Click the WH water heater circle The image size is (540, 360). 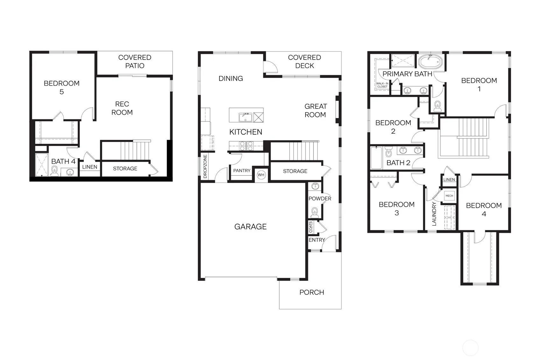coord(261,175)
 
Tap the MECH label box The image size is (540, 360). coord(449,195)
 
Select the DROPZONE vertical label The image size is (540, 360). coord(205,166)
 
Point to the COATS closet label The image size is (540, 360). coord(311,227)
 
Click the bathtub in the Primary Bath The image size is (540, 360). coord(431,61)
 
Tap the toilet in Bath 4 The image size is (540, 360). coord(54,171)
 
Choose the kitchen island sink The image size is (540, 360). coord(245,117)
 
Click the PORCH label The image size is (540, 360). coord(312,292)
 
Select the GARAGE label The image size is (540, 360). coord(250,227)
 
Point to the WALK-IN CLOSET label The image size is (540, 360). coord(382,85)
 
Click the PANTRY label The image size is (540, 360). coord(242,171)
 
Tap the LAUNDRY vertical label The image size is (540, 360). coord(434,214)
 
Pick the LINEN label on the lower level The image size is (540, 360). coord(90,167)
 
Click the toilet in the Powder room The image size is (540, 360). coord(314,212)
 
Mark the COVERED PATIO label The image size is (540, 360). coord(135,61)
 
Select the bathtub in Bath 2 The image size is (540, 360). coord(376,158)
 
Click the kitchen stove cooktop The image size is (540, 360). coord(246,146)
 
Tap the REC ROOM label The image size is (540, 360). coord(122,108)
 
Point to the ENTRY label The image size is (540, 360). coord(317,240)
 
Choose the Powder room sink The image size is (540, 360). coord(315,186)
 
